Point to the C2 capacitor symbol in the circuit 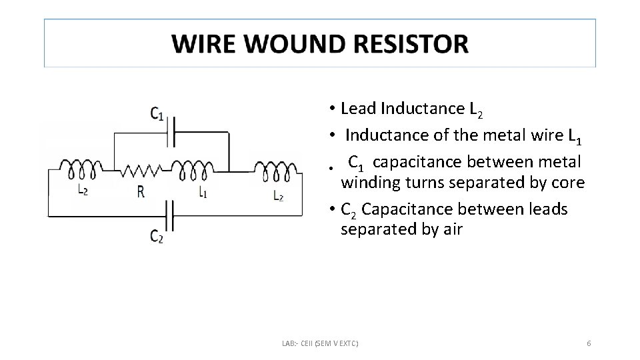(171, 215)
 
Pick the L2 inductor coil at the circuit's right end (275, 171)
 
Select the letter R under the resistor (141, 193)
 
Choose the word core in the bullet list (569, 183)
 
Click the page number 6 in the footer (589, 343)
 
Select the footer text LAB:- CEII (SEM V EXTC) (320, 343)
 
